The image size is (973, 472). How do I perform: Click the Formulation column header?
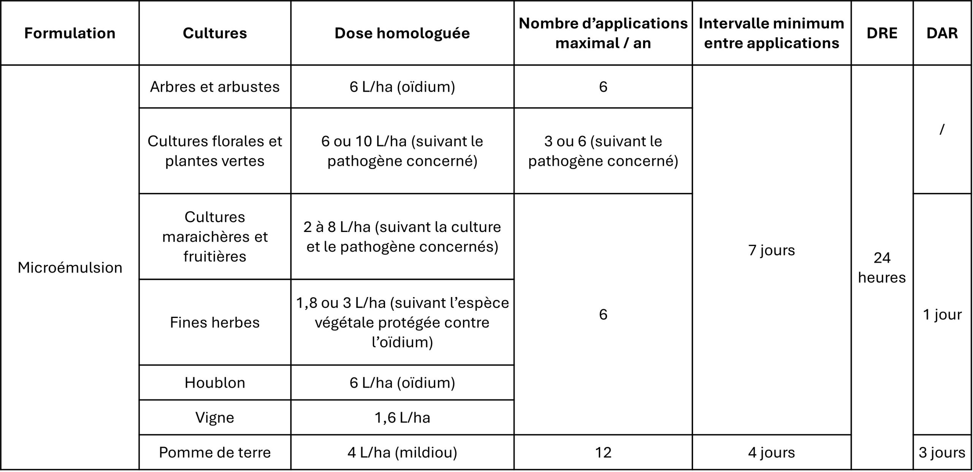(70, 33)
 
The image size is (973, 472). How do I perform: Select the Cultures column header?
(215, 33)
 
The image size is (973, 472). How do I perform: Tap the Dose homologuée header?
(402, 33)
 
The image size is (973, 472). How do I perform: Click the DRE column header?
(882, 33)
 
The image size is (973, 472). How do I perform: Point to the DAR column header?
(942, 33)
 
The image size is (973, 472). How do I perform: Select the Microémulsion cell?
(70, 268)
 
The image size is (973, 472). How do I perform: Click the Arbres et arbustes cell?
(215, 87)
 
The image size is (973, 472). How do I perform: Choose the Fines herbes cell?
(215, 323)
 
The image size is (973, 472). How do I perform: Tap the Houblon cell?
(215, 383)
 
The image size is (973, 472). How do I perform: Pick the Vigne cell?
(215, 418)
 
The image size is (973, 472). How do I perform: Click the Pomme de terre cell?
(215, 453)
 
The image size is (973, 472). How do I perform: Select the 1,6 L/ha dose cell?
(402, 418)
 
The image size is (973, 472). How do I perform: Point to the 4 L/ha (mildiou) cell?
(402, 453)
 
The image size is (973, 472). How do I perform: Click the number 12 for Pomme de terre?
(603, 453)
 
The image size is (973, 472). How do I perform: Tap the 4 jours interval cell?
(772, 453)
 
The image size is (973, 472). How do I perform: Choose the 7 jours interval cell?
(772, 250)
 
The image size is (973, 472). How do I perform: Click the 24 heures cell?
(882, 268)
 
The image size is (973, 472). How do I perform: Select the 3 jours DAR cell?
(942, 453)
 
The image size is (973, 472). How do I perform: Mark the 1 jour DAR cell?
(942, 315)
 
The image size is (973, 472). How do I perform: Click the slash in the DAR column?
(942, 130)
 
